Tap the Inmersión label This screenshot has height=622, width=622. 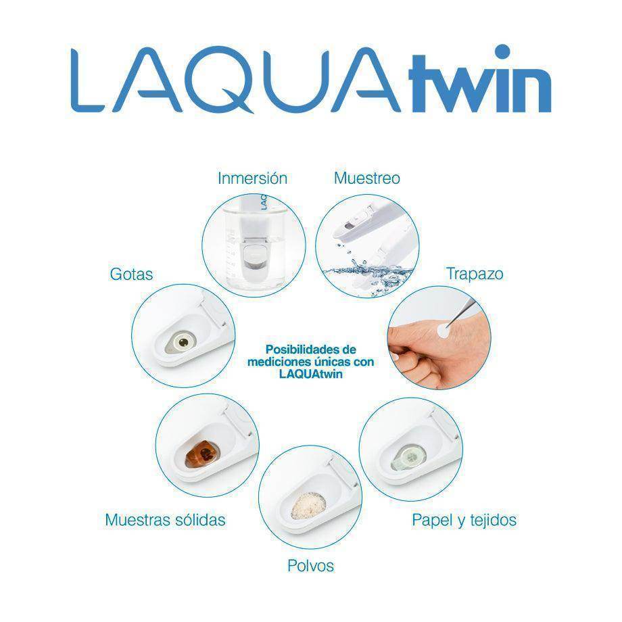tap(252, 178)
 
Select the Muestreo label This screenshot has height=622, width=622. tap(367, 178)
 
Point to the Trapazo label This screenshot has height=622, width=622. tap(475, 274)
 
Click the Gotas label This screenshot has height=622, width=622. tap(131, 274)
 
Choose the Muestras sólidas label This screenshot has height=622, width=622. tap(165, 520)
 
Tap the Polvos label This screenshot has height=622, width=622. tap(310, 565)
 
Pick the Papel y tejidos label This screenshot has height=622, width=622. tap(464, 520)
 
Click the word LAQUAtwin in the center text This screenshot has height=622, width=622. tap(310, 373)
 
